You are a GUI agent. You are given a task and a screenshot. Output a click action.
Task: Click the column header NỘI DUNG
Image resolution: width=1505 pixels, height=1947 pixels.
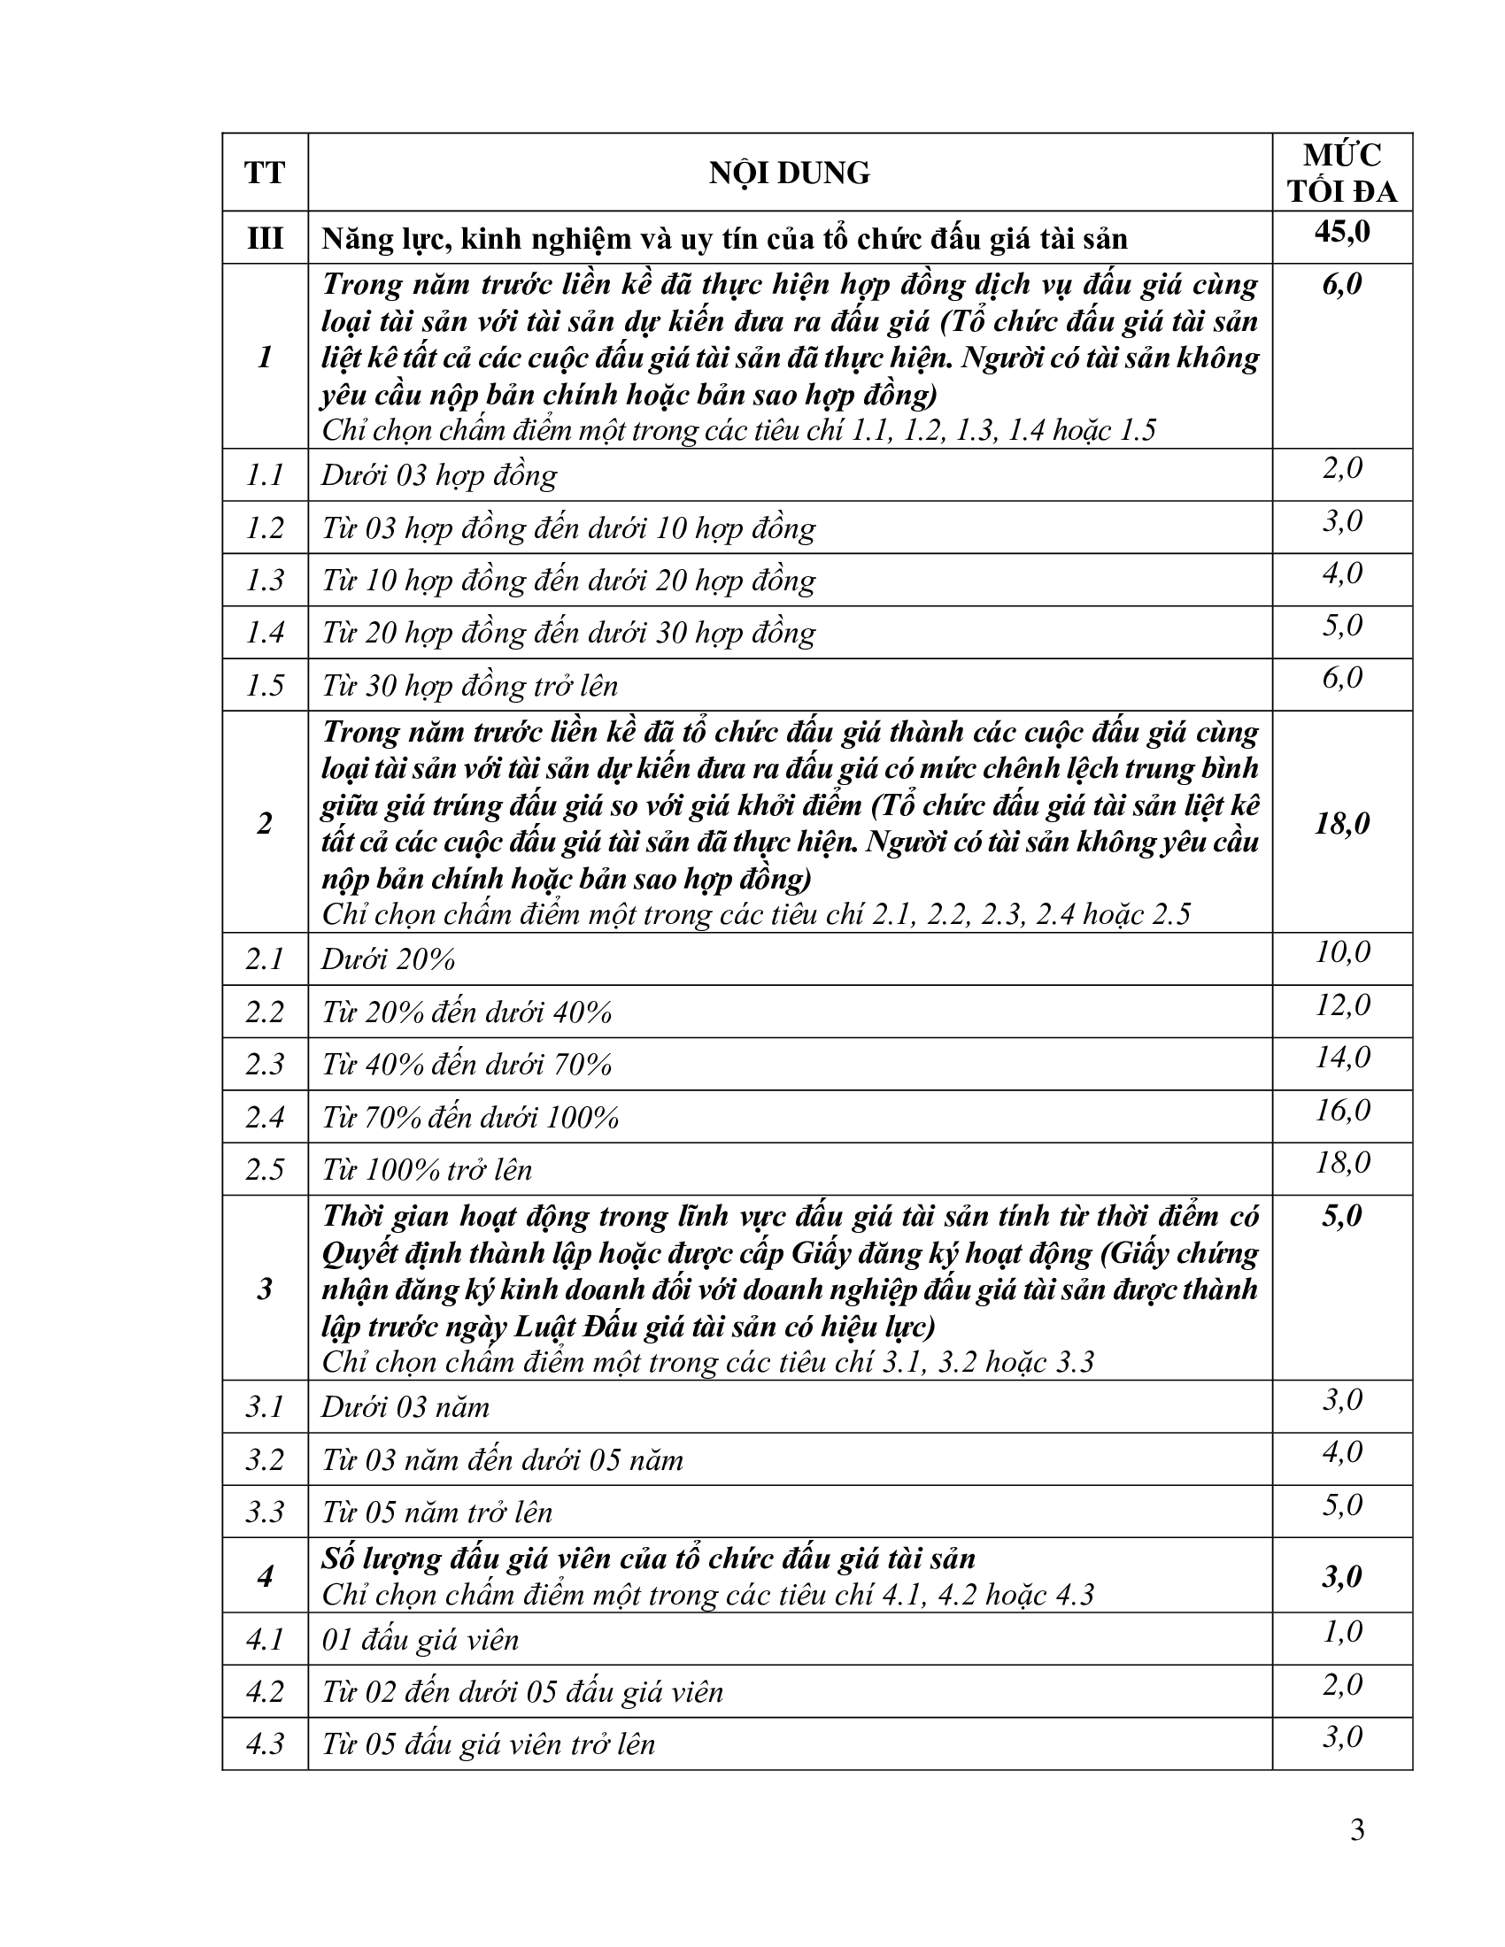789,173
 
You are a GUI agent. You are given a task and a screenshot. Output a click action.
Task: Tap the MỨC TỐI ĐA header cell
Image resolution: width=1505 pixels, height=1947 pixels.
1342,173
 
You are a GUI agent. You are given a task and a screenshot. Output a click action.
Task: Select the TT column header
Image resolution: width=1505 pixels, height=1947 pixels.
265,173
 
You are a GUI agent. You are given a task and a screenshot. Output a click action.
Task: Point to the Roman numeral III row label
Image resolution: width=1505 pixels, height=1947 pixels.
265,238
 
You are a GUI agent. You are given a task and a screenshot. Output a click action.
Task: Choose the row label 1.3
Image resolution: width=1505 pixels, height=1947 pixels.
265,581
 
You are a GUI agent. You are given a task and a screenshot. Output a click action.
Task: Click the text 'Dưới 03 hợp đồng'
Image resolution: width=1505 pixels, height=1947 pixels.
438,475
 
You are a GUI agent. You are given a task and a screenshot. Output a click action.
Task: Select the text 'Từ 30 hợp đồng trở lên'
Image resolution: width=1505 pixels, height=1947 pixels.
470,686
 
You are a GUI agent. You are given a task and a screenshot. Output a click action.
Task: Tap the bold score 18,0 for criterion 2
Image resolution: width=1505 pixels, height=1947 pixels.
1342,823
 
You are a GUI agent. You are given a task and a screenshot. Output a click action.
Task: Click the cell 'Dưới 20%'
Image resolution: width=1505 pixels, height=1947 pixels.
389,959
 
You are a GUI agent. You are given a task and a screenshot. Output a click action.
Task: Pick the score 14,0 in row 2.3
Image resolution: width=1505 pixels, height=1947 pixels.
1342,1058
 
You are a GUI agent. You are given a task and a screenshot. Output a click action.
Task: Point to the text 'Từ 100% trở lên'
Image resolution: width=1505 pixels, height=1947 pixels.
427,1170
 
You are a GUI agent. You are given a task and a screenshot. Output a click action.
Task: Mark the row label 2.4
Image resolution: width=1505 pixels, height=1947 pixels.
265,1117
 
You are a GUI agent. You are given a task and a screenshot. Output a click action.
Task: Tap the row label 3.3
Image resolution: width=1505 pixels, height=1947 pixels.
265,1512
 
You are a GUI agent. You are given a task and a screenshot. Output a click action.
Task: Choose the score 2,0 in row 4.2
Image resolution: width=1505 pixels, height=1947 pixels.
1342,1685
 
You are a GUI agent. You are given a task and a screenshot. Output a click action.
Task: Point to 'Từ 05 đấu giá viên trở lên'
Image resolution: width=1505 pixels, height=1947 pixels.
489,1743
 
